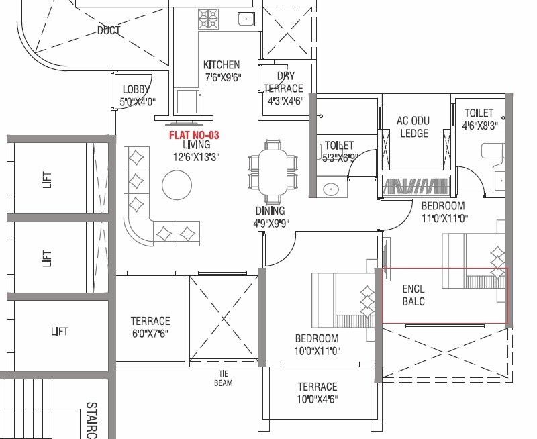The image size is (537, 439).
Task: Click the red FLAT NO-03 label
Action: coord(195,135)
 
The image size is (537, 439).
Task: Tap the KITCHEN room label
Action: coord(222,65)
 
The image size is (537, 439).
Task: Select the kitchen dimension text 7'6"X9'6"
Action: coord(222,77)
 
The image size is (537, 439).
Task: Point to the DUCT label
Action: coord(109,30)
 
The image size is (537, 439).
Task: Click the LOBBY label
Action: coord(137,90)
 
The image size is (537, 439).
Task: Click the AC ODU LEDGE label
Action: coord(413,127)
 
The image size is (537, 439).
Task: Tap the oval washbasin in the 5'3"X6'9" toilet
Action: coord(331,189)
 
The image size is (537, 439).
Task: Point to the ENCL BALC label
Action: coord(414,296)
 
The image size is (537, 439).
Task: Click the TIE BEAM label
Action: coord(224,379)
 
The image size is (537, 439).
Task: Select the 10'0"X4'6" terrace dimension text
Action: coord(318,399)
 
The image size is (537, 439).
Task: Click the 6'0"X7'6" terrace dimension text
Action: coord(150,332)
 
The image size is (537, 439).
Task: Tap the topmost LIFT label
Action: coord(46,179)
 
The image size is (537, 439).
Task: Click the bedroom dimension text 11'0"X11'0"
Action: coord(444,217)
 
